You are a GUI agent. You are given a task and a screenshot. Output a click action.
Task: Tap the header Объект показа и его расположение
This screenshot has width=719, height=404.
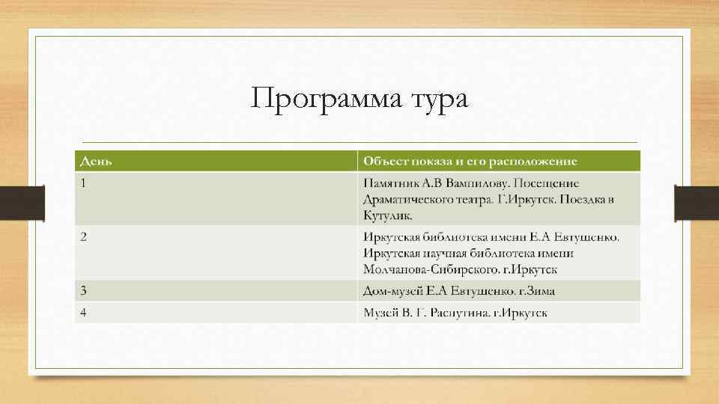coord(470,162)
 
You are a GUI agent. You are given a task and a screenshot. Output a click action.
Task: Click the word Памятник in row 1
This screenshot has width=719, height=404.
coord(392,183)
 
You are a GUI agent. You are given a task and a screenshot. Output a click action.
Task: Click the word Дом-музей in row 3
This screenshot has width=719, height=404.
coord(392,290)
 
